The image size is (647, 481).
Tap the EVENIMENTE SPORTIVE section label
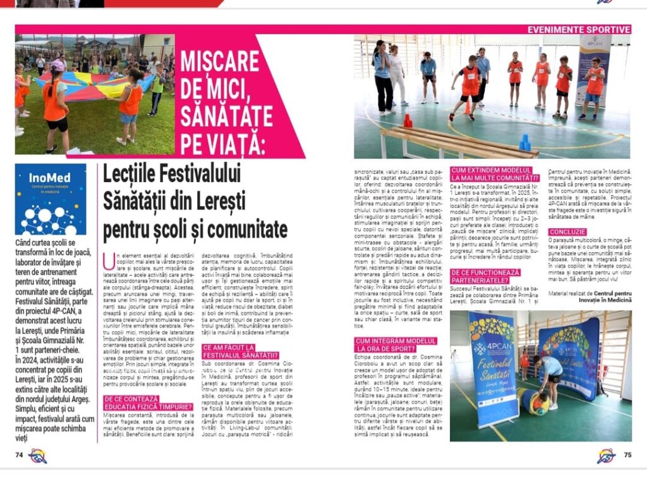pyautogui.click(x=579, y=29)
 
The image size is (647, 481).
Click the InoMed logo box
pyautogui.click(x=51, y=199)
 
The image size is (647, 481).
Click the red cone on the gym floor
pyautogui.click(x=408, y=121)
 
